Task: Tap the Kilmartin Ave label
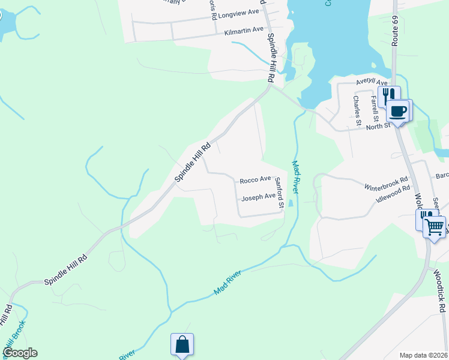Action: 244,29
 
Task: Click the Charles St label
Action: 357,110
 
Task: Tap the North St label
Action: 379,125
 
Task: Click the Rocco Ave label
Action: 255,179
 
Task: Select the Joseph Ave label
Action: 258,197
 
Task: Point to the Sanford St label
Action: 279,193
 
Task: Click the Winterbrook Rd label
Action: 386,183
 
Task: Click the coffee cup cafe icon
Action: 399,110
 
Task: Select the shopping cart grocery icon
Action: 434,227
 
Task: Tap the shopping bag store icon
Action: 182,345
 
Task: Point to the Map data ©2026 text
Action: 423,355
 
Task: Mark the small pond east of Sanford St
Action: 291,203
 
